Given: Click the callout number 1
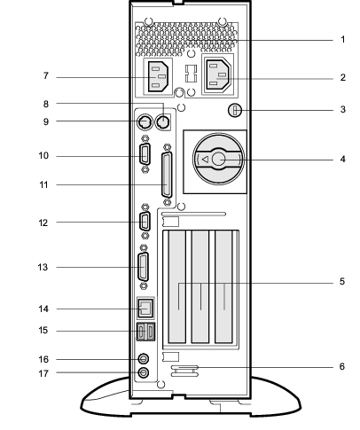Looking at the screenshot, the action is tap(343, 39).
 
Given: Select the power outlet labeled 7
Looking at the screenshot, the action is tap(158, 77).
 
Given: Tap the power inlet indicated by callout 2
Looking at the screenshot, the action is tap(218, 76).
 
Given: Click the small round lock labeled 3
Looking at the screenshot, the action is tap(235, 111).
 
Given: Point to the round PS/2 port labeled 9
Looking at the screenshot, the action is tap(145, 121).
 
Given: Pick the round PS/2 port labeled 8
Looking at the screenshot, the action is tap(162, 121).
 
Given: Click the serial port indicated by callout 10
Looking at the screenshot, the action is tap(145, 153).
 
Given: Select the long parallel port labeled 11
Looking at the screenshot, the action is tap(167, 175).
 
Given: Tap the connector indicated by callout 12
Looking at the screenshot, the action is tap(145, 222).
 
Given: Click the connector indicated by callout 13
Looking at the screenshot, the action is tap(144, 267).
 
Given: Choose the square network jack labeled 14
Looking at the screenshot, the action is tap(145, 308).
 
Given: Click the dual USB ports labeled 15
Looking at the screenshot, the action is tap(145, 332).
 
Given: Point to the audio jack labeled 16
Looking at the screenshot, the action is tap(144, 359).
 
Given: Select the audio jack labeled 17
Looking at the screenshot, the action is tap(144, 372).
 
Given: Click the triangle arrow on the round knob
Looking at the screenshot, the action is tap(205, 160).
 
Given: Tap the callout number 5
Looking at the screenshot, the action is tap(342, 281).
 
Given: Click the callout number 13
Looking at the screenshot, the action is tap(43, 267).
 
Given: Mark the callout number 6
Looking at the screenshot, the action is tap(342, 366).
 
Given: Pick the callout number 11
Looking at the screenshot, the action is tap(43, 185).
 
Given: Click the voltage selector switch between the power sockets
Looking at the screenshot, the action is tap(191, 74).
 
